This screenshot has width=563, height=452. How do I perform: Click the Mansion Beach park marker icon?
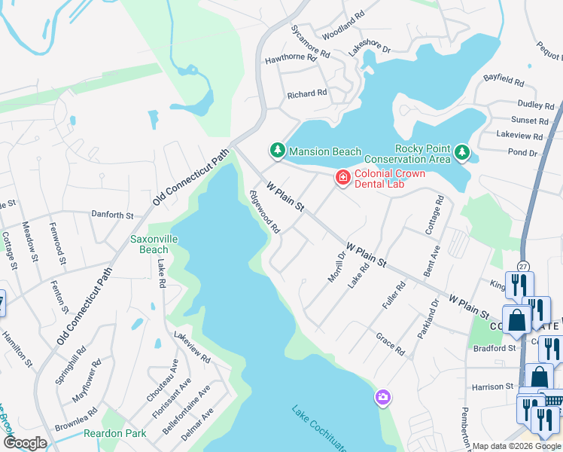click(278, 151)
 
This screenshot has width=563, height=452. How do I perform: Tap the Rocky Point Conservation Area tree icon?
click(461, 154)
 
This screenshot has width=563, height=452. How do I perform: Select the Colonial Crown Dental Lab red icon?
click(342, 177)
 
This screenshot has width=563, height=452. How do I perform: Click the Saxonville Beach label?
click(149, 244)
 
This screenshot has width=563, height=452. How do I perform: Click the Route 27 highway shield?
click(523, 266)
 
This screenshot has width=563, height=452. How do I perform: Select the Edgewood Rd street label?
click(265, 211)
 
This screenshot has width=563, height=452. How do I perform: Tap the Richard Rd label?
click(307, 94)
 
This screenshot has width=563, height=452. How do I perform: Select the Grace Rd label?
click(390, 347)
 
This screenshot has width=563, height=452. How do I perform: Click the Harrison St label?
click(493, 386)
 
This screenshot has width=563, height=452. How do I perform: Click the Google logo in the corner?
click(25, 443)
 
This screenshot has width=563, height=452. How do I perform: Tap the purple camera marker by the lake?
click(383, 397)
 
